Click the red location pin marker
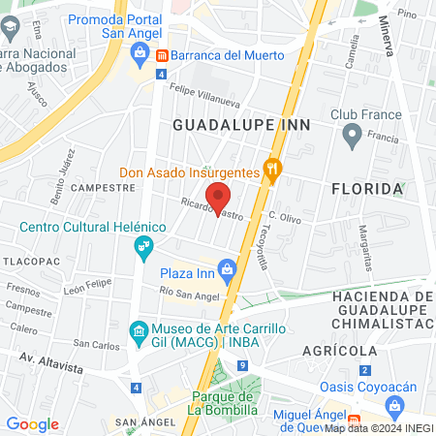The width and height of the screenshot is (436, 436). [219, 197]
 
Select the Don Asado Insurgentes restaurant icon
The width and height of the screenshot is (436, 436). [274, 171]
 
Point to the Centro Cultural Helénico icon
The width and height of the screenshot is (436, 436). [144, 244]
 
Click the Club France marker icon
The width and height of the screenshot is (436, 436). [351, 136]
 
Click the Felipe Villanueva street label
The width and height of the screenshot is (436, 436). [204, 91]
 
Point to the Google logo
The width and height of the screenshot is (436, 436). [32, 424]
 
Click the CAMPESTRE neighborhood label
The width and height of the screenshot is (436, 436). [102, 186]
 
